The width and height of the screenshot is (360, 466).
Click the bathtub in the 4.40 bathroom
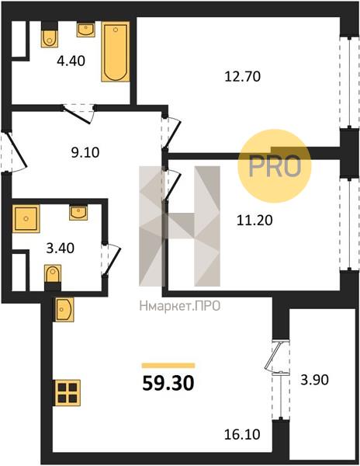(116, 52)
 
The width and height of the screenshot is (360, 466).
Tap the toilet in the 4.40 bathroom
(49, 34)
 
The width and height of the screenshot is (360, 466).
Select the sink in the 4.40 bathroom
(86, 30)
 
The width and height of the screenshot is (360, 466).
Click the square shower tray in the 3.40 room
(26, 219)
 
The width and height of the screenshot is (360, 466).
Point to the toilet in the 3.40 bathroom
(53, 277)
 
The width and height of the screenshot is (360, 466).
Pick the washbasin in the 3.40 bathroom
(78, 213)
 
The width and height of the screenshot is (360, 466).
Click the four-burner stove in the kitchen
(67, 392)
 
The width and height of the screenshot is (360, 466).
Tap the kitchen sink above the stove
(64, 310)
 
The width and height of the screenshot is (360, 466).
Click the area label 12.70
(243, 77)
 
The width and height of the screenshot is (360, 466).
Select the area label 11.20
(254, 221)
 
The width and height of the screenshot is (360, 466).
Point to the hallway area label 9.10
(85, 153)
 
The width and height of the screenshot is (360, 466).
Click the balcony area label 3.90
(314, 380)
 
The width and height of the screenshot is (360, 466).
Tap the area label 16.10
(243, 434)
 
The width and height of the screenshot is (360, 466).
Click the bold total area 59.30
(168, 383)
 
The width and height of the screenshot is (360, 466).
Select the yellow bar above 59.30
(168, 365)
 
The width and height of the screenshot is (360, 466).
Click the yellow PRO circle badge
(275, 166)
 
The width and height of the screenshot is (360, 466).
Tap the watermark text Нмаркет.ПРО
(180, 306)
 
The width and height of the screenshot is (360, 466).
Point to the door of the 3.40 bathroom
(110, 259)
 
